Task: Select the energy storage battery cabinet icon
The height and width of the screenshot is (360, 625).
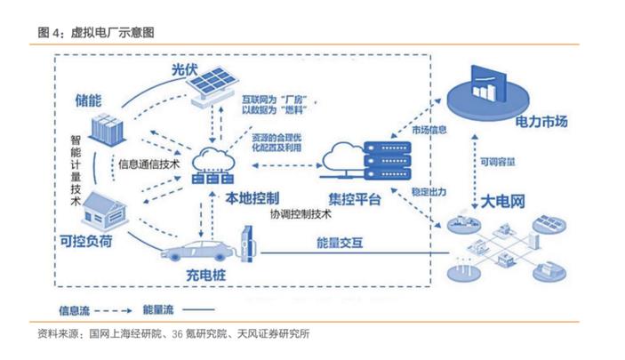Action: click(x=110, y=130)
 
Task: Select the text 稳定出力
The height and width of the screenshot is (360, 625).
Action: click(x=429, y=189)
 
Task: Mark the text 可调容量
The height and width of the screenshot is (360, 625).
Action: click(x=499, y=163)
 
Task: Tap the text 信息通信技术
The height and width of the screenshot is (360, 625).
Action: click(x=149, y=164)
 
